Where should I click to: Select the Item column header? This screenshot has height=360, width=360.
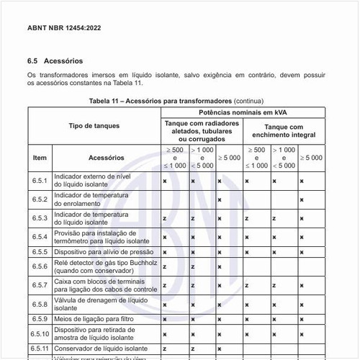40,157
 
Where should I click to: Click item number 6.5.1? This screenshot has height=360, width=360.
40,181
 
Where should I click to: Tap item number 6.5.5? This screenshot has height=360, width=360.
40,252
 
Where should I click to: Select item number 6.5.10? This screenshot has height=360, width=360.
40,333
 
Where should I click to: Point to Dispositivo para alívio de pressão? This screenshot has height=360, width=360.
104,252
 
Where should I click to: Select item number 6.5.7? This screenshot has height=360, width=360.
40,285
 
